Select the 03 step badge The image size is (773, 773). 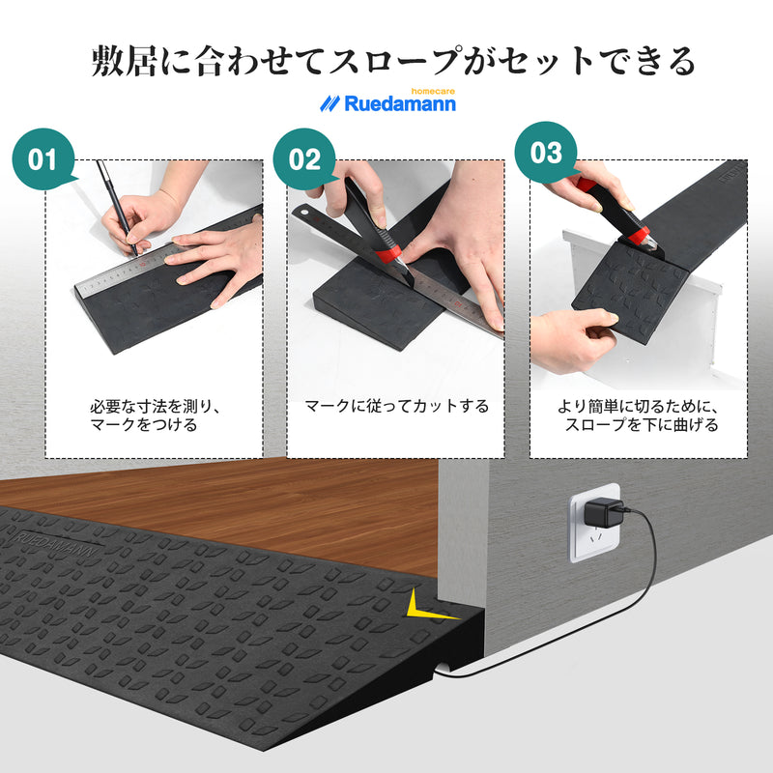[x=546, y=154]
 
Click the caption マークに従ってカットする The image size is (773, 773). [x=396, y=407]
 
